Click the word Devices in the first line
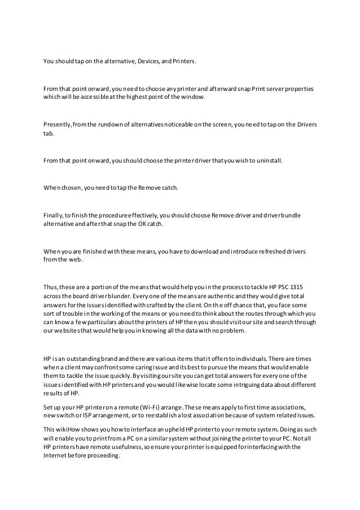(148, 58)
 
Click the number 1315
(304, 286)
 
